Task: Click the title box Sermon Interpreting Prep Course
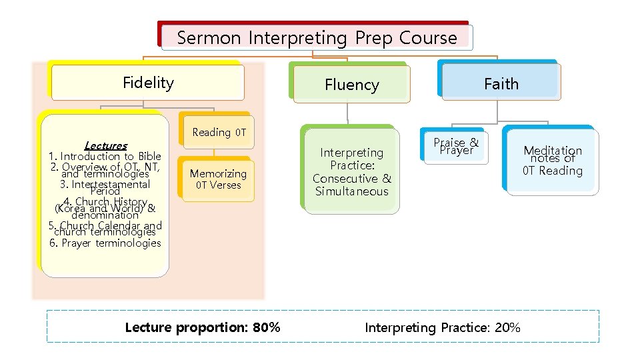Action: (x=317, y=37)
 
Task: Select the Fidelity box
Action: (x=148, y=83)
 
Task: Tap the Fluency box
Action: (x=351, y=85)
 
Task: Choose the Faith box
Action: (x=501, y=83)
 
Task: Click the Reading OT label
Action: (x=219, y=132)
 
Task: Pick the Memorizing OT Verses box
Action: (x=218, y=179)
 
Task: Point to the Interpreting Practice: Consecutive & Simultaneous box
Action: (x=351, y=172)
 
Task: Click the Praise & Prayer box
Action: (x=456, y=146)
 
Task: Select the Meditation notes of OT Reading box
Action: (x=553, y=161)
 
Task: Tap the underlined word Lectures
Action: (x=105, y=145)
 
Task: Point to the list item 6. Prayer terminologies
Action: (x=105, y=243)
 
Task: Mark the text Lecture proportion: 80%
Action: (x=203, y=327)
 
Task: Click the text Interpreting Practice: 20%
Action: (x=443, y=327)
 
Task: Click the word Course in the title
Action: (x=428, y=37)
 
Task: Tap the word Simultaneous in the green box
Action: (x=351, y=191)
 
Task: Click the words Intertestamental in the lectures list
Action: (x=111, y=184)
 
